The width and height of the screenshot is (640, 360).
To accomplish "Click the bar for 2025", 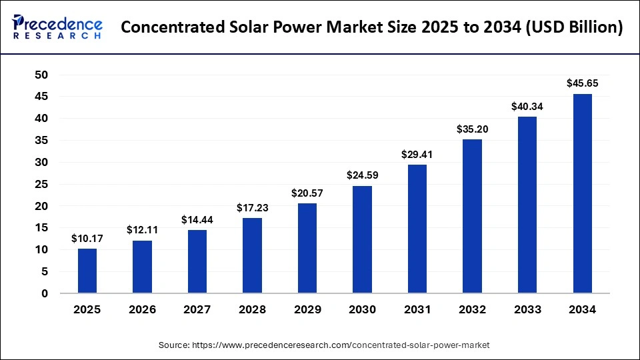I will pos(87,271).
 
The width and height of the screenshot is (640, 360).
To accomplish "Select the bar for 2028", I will pos(253,255).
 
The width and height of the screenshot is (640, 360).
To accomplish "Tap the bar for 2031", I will pos(417,229).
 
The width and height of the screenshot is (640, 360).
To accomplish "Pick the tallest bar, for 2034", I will pos(582,193).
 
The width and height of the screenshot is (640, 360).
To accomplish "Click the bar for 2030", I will pos(363,239).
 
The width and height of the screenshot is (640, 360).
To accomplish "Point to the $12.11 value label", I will pos(142,230).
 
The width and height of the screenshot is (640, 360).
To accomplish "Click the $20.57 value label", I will pos(307,193).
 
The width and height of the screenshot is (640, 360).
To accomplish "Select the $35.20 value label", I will pos(472,129).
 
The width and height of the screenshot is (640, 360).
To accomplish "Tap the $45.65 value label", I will pos(582,83).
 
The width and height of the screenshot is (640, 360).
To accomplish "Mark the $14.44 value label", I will pos(197,219).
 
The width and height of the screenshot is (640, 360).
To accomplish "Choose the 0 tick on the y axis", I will pos(44,293).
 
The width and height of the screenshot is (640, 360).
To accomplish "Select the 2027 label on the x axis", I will pos(197,310).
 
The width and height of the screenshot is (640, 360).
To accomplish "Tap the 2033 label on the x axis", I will pos(527,310).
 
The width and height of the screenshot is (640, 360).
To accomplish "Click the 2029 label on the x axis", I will pos(307,310).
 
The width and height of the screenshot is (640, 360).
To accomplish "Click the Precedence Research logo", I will pos(57,27).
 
